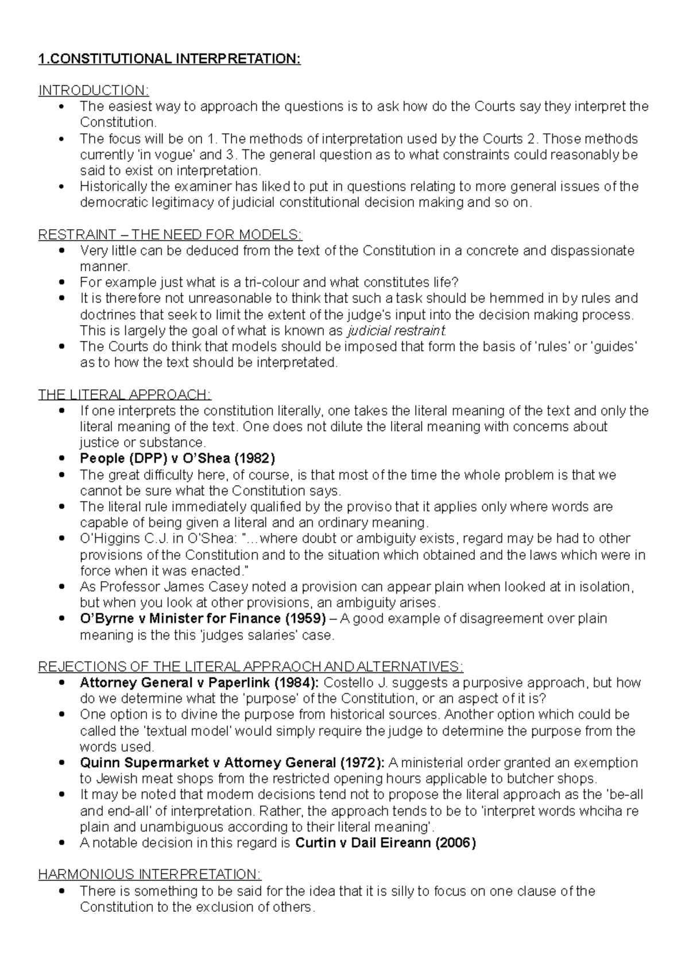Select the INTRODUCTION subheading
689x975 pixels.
pos(93,91)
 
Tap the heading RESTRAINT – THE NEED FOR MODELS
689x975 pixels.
pos(169,235)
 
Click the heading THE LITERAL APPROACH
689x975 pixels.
pos(125,395)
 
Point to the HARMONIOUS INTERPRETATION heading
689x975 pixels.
pos(149,875)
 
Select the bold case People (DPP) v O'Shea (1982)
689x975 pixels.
pos(177,459)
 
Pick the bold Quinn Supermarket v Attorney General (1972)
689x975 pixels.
pos(232,763)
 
